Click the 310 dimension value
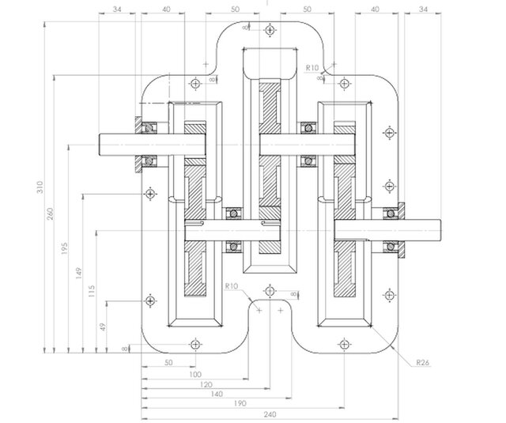pos(40,187)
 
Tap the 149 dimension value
pos(80,273)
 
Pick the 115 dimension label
pos(93,290)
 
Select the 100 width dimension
pos(194,374)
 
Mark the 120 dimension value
pos(206,383)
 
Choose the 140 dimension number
pos(214,393)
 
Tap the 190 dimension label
pos(239,402)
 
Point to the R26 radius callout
pos(424,363)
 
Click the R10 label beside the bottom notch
pos(232,285)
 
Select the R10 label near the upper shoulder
pos(312,68)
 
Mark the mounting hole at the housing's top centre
pos(270,30)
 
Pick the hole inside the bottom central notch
pos(270,292)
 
